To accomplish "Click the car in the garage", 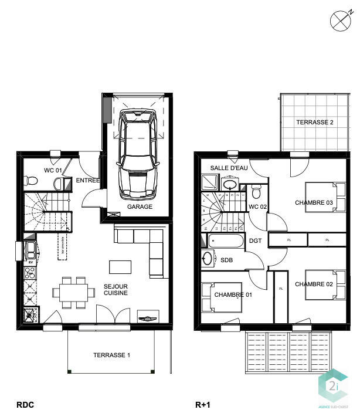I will click(x=138, y=154).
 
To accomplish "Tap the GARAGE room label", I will click(x=140, y=207).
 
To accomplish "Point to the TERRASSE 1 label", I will click(x=111, y=355).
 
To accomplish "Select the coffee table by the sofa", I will click(x=121, y=266).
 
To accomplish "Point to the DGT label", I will click(x=255, y=241).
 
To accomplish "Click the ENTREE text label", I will click(x=88, y=181).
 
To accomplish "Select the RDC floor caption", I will click(x=25, y=405).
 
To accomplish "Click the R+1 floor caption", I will click(x=202, y=405).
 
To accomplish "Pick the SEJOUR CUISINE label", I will click(x=116, y=290).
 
